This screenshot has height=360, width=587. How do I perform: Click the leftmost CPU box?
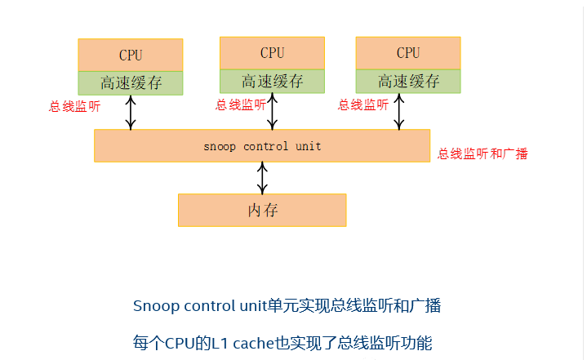[x=131, y=56]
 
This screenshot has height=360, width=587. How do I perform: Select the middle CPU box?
[x=272, y=53]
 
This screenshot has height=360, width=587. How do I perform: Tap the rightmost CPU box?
[x=408, y=53]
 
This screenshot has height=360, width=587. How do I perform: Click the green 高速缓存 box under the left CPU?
[x=131, y=82]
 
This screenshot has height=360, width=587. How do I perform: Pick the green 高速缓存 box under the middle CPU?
[x=272, y=81]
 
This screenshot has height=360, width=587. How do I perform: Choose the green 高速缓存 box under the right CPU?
[x=408, y=81]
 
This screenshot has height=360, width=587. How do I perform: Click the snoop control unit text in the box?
[x=262, y=147]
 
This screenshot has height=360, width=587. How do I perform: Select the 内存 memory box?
[x=262, y=210]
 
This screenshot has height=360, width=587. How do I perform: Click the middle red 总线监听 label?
[x=240, y=104]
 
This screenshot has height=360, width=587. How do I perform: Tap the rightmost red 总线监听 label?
[x=363, y=104]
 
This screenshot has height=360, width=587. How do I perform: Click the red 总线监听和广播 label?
[x=482, y=153]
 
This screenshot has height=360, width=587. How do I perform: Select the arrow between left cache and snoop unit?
[x=131, y=112]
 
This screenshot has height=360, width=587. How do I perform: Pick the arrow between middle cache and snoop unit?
[x=272, y=110]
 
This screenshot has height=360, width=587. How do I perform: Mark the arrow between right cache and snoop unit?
[x=398, y=110]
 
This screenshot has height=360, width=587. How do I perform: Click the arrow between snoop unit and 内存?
[x=262, y=177]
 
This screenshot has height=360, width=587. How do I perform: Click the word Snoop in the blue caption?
[x=155, y=306]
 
